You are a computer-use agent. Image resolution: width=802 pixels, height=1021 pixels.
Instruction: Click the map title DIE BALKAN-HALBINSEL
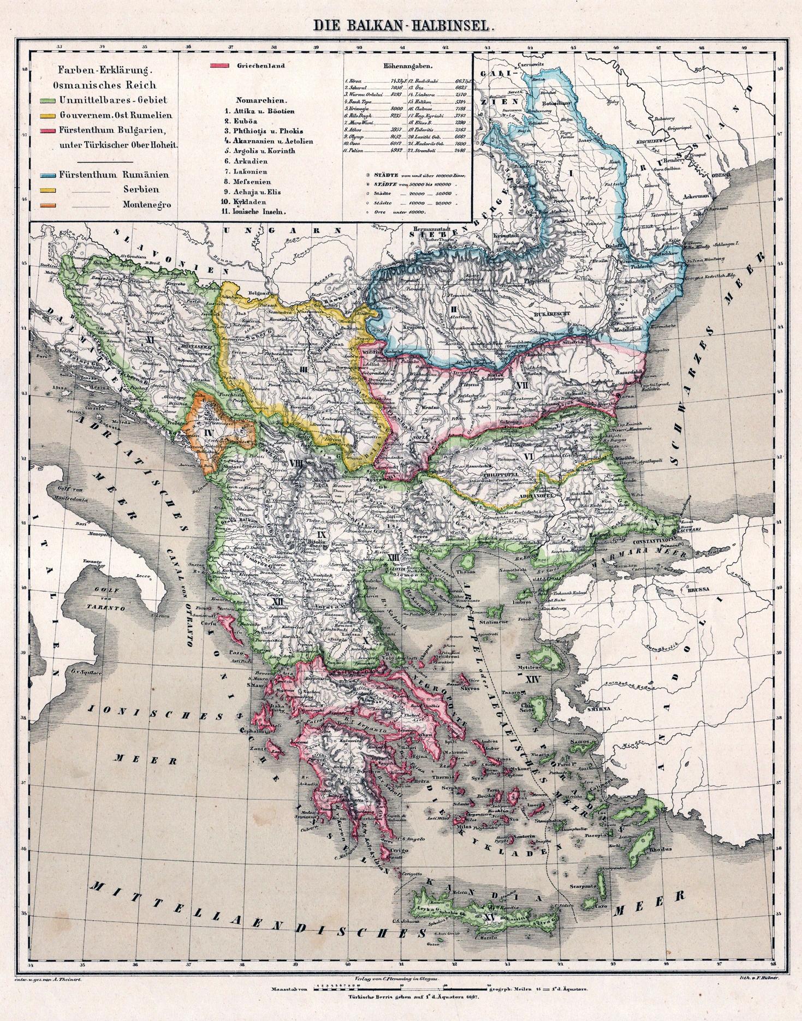[401, 26]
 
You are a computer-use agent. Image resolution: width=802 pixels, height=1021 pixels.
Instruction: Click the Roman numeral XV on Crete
[491, 920]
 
